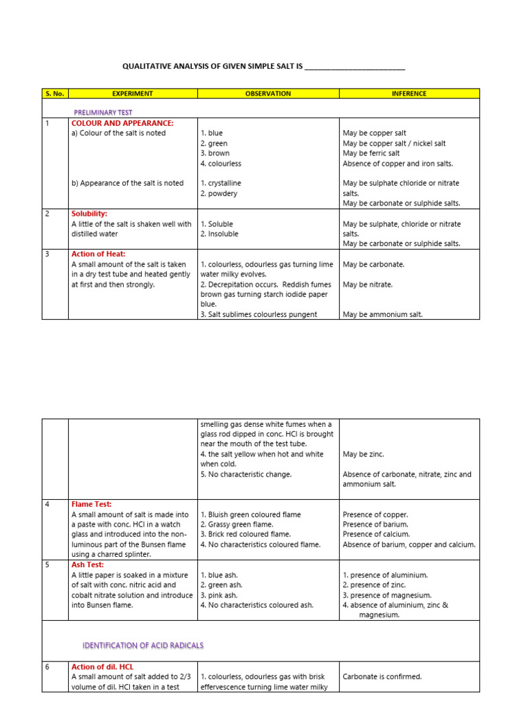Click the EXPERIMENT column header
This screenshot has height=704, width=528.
click(x=133, y=93)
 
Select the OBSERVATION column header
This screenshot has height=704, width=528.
click(x=268, y=93)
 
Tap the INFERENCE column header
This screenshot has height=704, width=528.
click(x=410, y=93)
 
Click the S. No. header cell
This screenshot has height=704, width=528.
click(x=55, y=93)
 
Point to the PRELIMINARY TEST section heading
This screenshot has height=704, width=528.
click(x=103, y=112)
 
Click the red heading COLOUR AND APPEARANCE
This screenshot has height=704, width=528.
click(x=122, y=123)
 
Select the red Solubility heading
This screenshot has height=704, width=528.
click(x=89, y=214)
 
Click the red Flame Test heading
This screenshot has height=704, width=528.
click(x=91, y=504)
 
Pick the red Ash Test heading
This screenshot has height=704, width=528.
click(x=88, y=564)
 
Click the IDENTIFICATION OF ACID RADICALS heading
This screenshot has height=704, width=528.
click(x=143, y=646)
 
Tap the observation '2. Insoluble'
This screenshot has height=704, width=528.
click(x=219, y=234)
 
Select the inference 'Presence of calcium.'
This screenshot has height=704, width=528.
click(x=376, y=534)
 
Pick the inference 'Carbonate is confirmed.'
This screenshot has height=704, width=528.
click(x=382, y=676)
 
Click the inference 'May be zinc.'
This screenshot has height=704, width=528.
click(x=363, y=454)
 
